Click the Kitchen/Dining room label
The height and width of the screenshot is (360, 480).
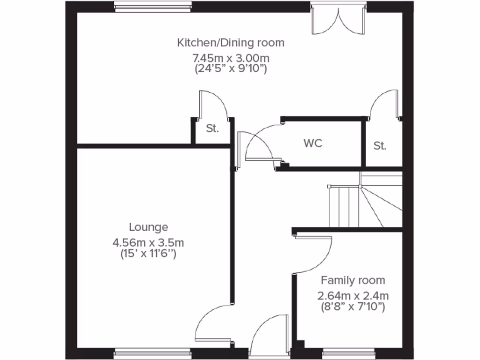pyautogui.click(x=230, y=43)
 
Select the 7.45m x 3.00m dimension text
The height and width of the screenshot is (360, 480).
pyautogui.click(x=230, y=58)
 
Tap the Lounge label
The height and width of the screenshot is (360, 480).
pyautogui.click(x=148, y=227)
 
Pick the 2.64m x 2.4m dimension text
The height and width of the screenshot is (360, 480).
pyautogui.click(x=352, y=296)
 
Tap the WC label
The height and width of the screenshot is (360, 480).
pyautogui.click(x=313, y=143)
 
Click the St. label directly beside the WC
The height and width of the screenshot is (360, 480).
pyautogui.click(x=380, y=146)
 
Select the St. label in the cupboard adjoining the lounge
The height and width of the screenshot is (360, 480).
pyautogui.click(x=212, y=129)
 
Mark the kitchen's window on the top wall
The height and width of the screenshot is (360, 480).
pyautogui.click(x=153, y=6)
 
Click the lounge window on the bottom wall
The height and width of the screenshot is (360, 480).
pyautogui.click(x=153, y=352)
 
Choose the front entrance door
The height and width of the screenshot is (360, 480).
pyautogui.click(x=269, y=335)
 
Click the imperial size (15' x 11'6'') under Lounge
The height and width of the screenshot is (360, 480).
pyautogui.click(x=148, y=255)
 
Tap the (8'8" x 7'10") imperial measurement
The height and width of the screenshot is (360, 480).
pyautogui.click(x=352, y=307)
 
